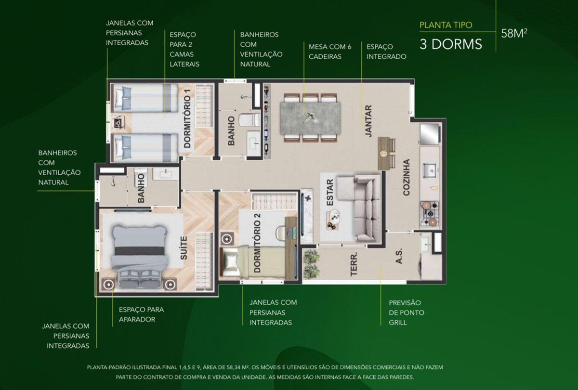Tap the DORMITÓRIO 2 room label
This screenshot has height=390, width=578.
coord(257,243)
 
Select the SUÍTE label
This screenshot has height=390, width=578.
coord(184,248)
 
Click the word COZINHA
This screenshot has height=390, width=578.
coord(407,178)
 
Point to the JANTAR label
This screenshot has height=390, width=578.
coord(369,121)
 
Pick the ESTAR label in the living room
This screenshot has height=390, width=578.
coord(330,193)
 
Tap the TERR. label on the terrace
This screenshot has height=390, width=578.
coord(354,264)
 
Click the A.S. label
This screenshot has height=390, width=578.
coord(399,256)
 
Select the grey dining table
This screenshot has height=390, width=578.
coord(310,118)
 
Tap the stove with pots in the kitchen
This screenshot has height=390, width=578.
coord(429,214)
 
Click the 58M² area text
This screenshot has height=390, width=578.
coord(514,34)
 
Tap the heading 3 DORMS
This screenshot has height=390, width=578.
coord(450,44)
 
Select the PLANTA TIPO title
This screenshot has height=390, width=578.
coord(446,25)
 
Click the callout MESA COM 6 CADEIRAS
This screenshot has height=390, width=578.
coord(330,52)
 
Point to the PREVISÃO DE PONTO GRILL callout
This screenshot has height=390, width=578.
coord(407,312)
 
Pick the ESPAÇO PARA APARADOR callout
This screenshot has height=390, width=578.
coord(141,314)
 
